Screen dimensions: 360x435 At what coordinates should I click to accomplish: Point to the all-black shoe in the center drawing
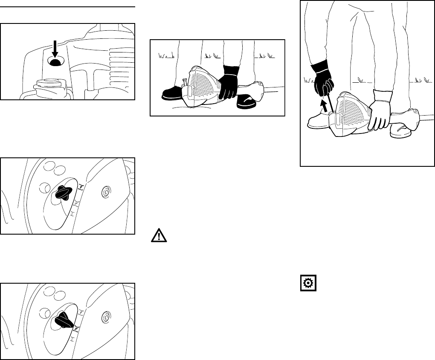(172, 93)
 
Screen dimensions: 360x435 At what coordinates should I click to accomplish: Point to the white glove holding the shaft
(379, 109)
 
